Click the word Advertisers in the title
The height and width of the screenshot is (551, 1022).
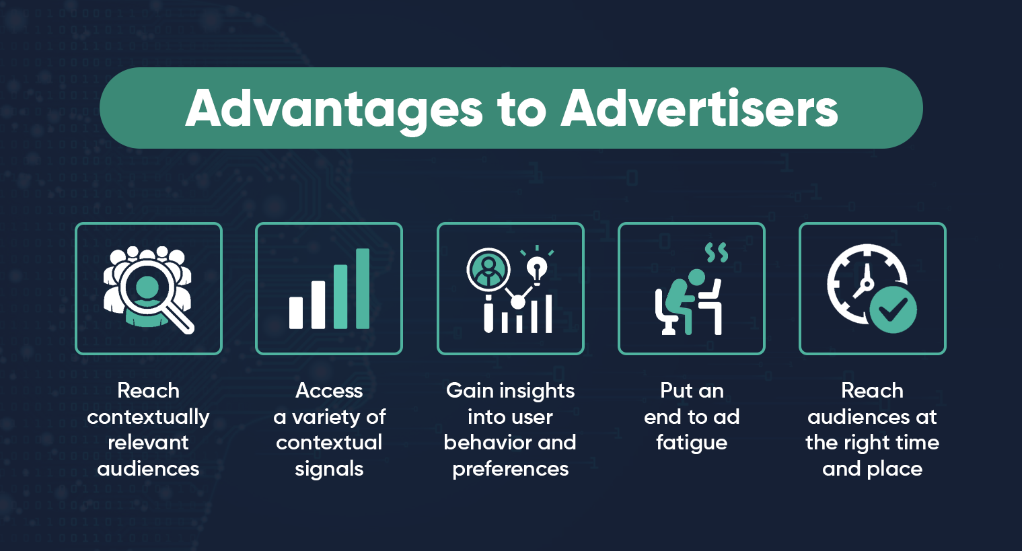click(700, 109)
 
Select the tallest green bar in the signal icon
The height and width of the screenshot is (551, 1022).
click(363, 289)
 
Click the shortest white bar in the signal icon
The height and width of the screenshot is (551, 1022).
click(296, 312)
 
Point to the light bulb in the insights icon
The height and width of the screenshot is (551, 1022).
click(536, 269)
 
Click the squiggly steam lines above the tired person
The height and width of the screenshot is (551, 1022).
click(717, 253)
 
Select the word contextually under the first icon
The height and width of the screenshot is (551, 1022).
click(148, 417)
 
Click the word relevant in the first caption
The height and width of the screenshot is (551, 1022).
click(148, 443)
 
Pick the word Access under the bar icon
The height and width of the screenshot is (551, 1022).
click(329, 391)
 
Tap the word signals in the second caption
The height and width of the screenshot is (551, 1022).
click(329, 469)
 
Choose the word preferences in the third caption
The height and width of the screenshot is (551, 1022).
click(510, 469)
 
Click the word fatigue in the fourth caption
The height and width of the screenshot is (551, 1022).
click(692, 443)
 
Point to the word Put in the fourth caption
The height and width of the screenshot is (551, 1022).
click(676, 391)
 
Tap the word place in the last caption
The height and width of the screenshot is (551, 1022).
click(894, 469)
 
